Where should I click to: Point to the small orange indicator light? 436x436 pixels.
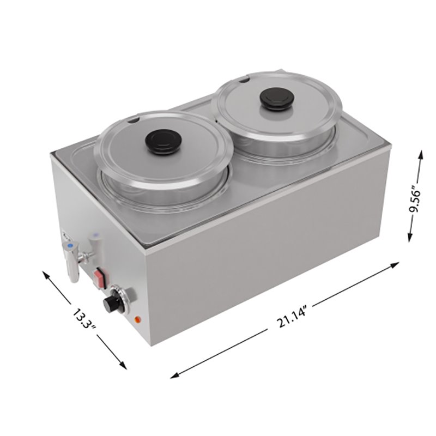(x=137, y=319)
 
